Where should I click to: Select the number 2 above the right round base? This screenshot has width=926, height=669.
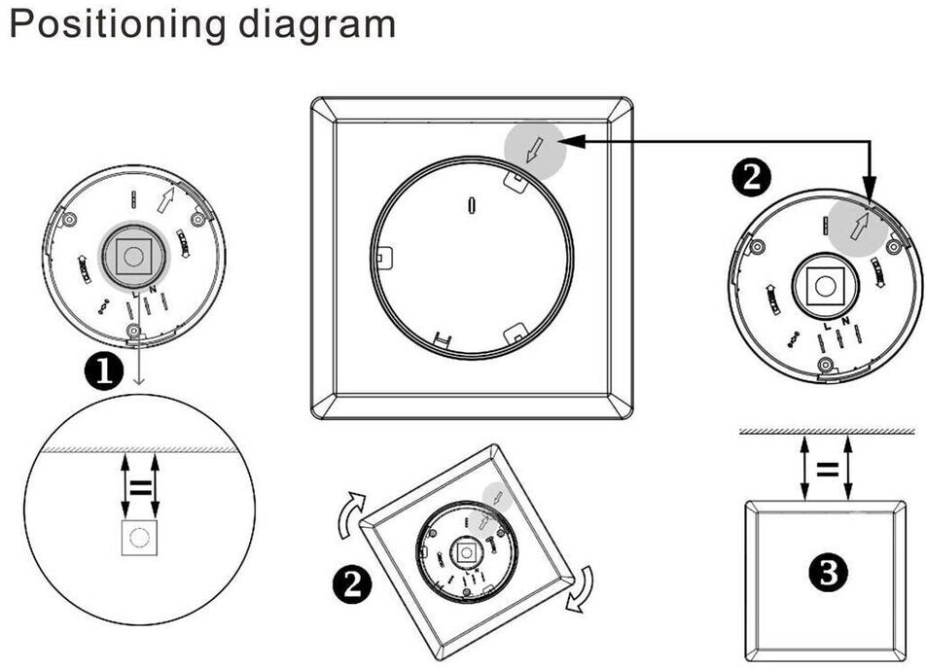tap(752, 178)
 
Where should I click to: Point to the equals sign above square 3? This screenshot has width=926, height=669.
tap(827, 470)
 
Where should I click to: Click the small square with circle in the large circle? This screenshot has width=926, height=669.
tap(139, 538)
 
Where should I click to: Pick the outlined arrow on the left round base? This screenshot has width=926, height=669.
tap(166, 201)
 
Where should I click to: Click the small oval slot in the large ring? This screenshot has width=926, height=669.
tap(472, 206)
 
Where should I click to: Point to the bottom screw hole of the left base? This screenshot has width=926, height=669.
tap(133, 334)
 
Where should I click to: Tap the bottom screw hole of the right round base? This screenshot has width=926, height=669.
tap(825, 365)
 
